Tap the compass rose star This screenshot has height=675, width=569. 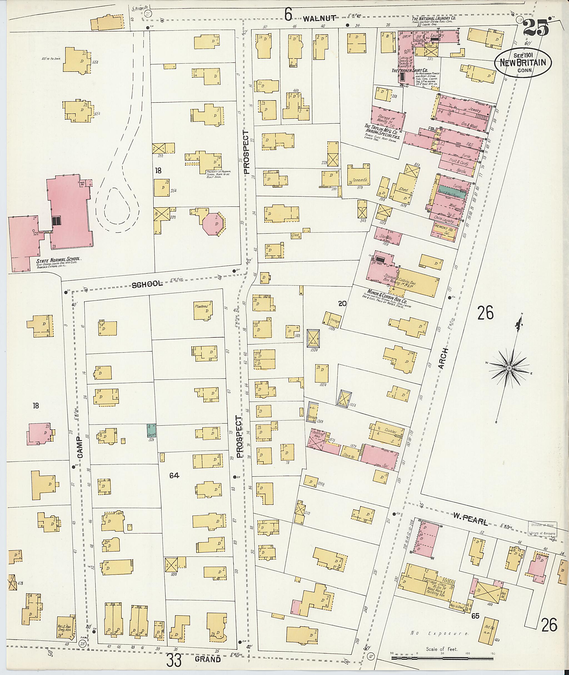tap(509, 368)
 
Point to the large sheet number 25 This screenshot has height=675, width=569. tap(536, 28)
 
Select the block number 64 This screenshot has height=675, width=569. tap(174, 475)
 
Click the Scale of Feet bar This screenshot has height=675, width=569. tap(442, 655)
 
